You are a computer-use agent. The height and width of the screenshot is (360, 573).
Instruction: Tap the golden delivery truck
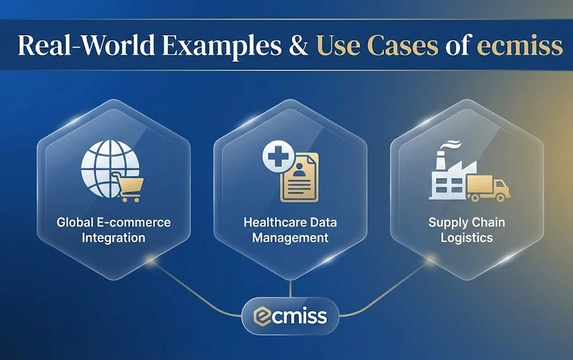490,188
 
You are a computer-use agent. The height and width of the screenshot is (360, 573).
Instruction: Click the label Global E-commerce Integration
114,230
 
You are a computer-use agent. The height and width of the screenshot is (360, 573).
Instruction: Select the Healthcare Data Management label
290,230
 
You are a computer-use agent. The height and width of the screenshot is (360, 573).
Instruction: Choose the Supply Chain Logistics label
466,230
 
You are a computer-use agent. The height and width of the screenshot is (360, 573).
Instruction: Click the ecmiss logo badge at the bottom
290,317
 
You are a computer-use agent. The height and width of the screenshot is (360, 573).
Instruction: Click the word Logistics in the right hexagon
466,238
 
